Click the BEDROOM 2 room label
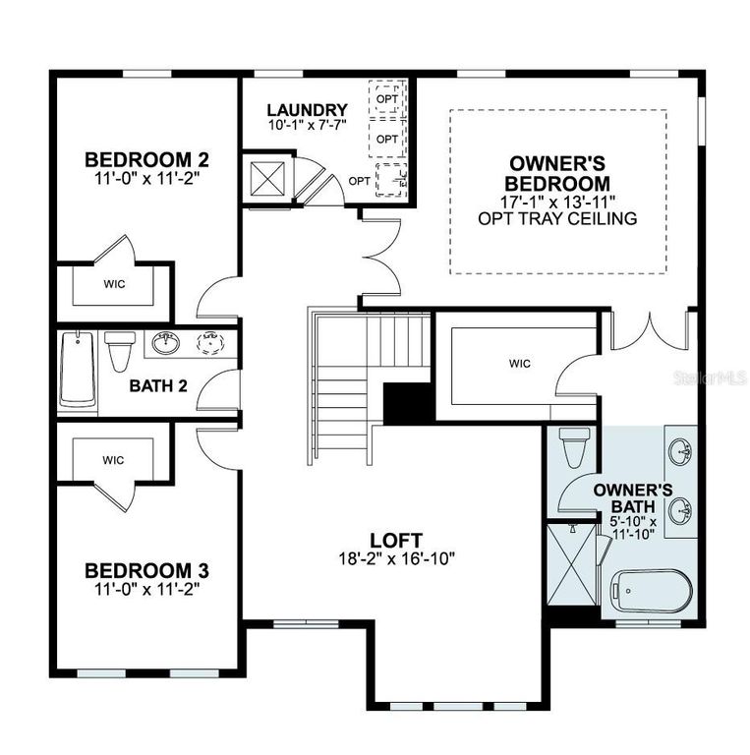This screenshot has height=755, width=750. pos(146,159)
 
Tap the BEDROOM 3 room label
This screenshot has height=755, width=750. pos(146,570)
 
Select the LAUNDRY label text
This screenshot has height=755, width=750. pos(307,110)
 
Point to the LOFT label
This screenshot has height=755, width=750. pos(396,540)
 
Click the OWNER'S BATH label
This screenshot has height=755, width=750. pos(633,497)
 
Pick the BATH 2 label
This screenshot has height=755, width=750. pos(158,384)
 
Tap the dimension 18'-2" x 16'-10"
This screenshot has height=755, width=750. pos(396,558)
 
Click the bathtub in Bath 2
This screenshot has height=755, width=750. pos(78,370)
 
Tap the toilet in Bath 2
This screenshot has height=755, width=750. pos(120,349)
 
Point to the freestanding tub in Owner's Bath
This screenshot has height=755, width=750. pos(652,590)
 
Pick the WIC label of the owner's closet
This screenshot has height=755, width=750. pos(520,364)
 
